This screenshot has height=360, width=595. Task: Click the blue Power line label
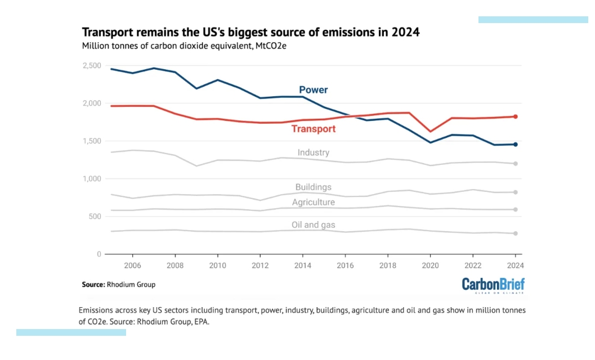pyautogui.click(x=313, y=90)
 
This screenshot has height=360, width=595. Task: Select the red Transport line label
pyautogui.click(x=313, y=129)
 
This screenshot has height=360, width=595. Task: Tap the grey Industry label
pyautogui.click(x=313, y=152)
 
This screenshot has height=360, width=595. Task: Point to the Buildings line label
pyautogui.click(x=313, y=187)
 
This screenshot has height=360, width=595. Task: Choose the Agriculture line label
pyautogui.click(x=313, y=202)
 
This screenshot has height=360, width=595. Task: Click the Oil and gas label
pyautogui.click(x=313, y=225)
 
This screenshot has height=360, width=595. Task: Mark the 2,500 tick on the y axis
pyautogui.click(x=91, y=66)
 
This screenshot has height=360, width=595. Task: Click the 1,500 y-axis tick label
pyautogui.click(x=91, y=141)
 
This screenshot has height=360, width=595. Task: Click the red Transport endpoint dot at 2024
pyautogui.click(x=515, y=116)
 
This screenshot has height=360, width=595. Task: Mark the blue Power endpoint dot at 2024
pyautogui.click(x=515, y=145)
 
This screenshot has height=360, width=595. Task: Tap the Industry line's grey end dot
pyautogui.click(x=515, y=164)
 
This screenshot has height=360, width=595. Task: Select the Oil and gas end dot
pyautogui.click(x=515, y=233)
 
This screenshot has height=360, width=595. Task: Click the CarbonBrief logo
pyautogui.click(x=493, y=285)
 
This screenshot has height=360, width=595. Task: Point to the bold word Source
pyautogui.click(x=93, y=285)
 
